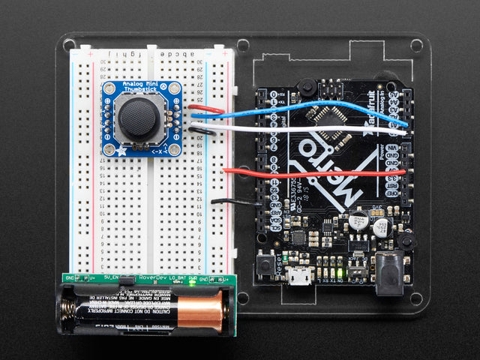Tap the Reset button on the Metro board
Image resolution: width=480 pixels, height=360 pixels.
(265, 265)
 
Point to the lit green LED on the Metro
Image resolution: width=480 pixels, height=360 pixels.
(342, 272)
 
